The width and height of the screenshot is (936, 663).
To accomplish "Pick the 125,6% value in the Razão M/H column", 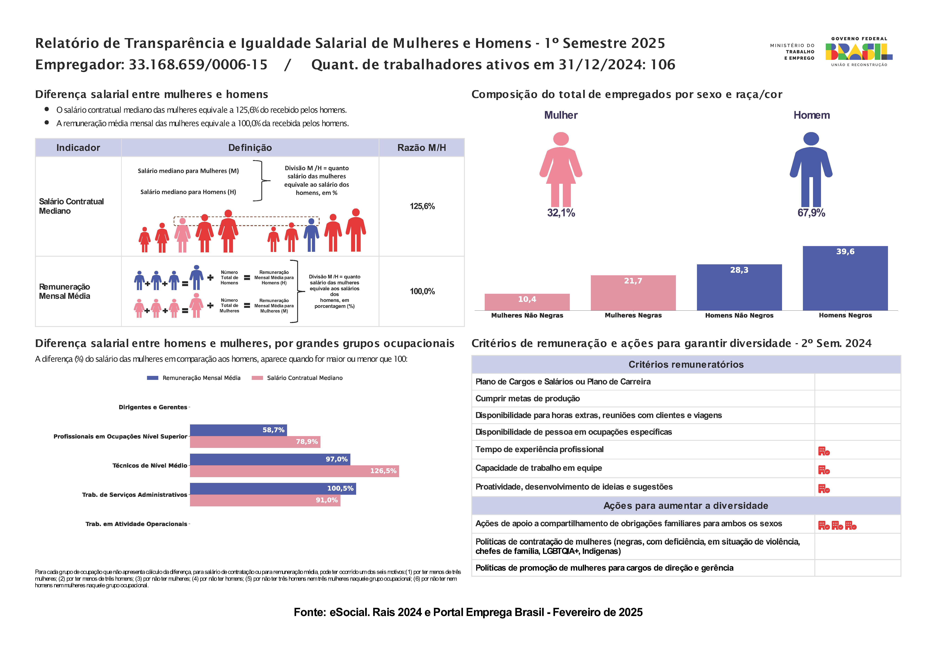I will [x=422, y=206].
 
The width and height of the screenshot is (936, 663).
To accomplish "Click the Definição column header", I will [x=250, y=148].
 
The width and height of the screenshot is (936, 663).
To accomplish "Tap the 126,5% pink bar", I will [x=294, y=471].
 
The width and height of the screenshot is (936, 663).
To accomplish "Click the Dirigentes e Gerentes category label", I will [x=153, y=407].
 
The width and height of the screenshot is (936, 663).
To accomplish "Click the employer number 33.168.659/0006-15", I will [x=198, y=65].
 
